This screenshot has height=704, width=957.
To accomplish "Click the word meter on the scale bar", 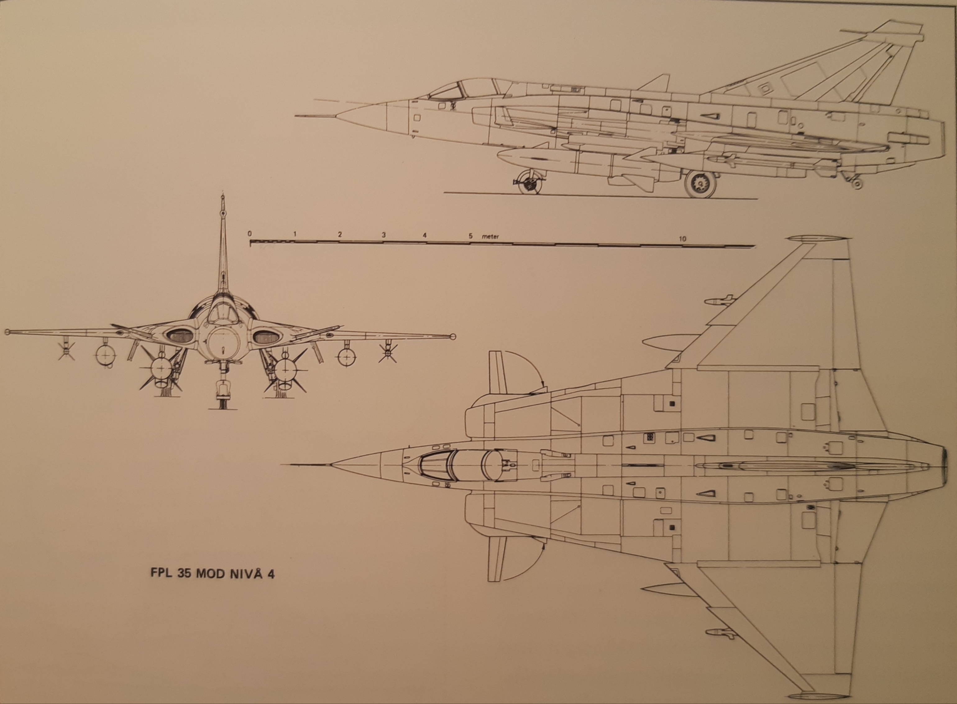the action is point(490,236).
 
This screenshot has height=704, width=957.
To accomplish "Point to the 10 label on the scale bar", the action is point(682,239).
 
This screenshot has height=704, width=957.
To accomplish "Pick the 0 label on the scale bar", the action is point(250,234).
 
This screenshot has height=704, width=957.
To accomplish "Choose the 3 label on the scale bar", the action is point(383,235).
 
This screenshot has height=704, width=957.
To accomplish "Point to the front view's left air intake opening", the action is point(179,337).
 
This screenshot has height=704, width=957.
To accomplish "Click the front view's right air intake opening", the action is point(267,337).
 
